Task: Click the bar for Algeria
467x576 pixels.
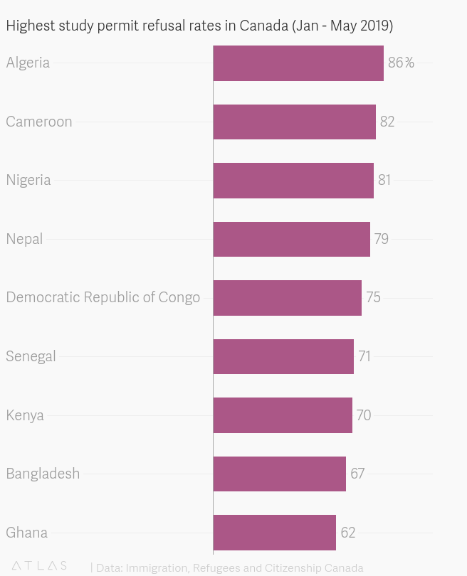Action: click(x=298, y=63)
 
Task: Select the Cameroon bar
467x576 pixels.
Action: click(x=294, y=122)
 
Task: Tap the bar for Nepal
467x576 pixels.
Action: click(x=291, y=239)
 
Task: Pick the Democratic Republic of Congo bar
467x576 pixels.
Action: click(x=287, y=297)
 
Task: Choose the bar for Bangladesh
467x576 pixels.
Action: click(x=279, y=474)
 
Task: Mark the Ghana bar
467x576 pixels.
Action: click(x=274, y=533)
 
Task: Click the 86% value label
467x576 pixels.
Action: click(x=400, y=63)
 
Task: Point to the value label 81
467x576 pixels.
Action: click(x=384, y=180)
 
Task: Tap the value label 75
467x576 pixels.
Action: click(x=373, y=297)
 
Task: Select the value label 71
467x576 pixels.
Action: click(x=364, y=356)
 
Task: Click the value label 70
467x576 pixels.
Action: click(x=364, y=415)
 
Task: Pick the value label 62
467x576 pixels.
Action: click(x=348, y=533)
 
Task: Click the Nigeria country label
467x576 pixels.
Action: click(x=28, y=180)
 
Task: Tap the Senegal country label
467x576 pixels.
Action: click(x=31, y=356)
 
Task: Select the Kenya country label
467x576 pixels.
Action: click(x=25, y=415)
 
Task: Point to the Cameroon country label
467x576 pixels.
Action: click(x=39, y=122)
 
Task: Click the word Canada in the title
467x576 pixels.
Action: click(x=264, y=26)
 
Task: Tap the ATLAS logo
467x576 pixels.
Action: click(x=39, y=566)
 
